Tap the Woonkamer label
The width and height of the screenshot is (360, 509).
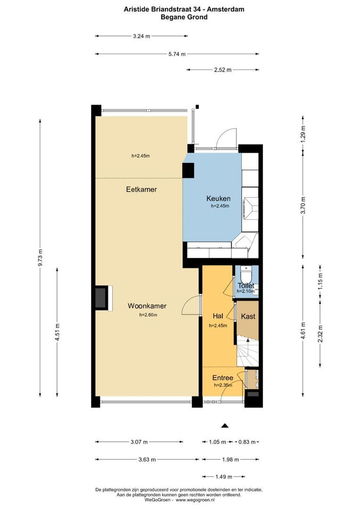(x=147, y=306)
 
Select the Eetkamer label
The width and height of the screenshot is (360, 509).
(x=141, y=189)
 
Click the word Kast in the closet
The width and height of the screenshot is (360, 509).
(x=248, y=316)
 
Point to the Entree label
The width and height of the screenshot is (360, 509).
(x=222, y=378)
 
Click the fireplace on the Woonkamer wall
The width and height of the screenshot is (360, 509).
(x=101, y=298)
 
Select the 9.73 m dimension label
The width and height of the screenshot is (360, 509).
(x=41, y=258)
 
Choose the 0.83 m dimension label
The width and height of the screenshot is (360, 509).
(x=246, y=442)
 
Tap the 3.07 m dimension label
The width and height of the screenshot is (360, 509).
(x=139, y=442)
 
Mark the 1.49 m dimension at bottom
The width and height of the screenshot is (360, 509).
(x=223, y=476)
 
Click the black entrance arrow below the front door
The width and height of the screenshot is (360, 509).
(x=225, y=426)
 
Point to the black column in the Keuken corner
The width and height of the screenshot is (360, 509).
(x=188, y=170)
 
